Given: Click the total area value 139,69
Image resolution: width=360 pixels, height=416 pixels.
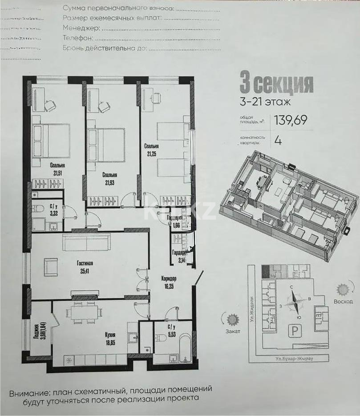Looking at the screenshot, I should (x=291, y=120).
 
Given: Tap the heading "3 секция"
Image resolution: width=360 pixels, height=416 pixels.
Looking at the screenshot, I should (x=276, y=83).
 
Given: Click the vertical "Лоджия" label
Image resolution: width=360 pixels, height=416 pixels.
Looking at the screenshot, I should (x=36, y=327).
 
